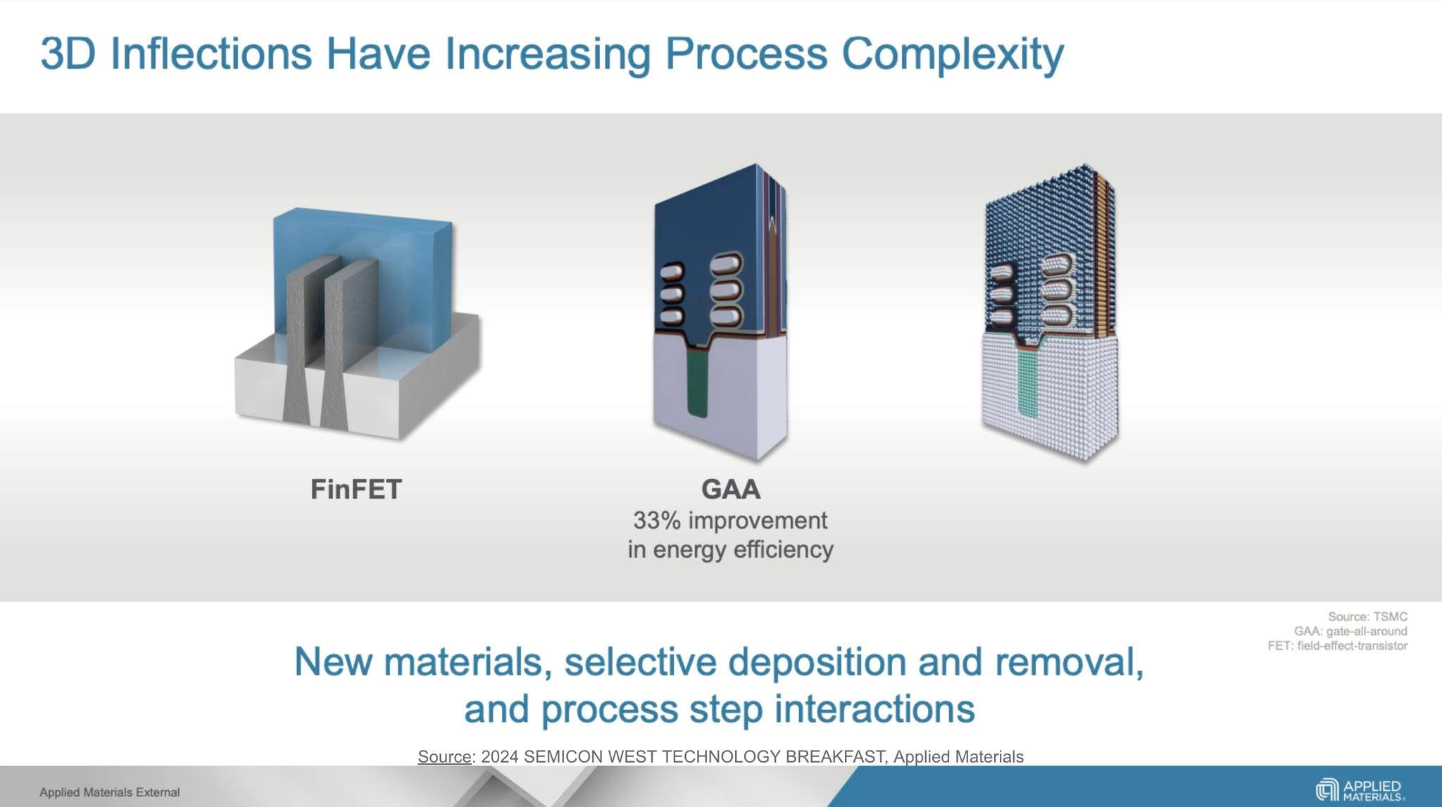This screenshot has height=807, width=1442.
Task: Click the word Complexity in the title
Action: [952, 54]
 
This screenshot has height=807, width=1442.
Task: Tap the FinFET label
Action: [356, 489]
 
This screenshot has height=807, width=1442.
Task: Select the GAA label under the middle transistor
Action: [730, 489]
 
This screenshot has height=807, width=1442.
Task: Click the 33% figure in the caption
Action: [656, 521]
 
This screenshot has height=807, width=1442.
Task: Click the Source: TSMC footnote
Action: [1367, 617]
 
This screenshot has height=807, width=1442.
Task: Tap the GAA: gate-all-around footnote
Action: [1350, 632]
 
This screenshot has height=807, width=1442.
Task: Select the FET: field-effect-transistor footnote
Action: [1337, 646]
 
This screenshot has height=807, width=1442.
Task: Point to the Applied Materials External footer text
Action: [109, 792]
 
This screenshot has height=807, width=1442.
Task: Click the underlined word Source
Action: [444, 757]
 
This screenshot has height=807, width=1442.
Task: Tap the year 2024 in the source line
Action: [499, 757]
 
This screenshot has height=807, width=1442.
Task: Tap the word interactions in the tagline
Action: [874, 709]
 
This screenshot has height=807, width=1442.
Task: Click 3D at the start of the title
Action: [68, 54]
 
